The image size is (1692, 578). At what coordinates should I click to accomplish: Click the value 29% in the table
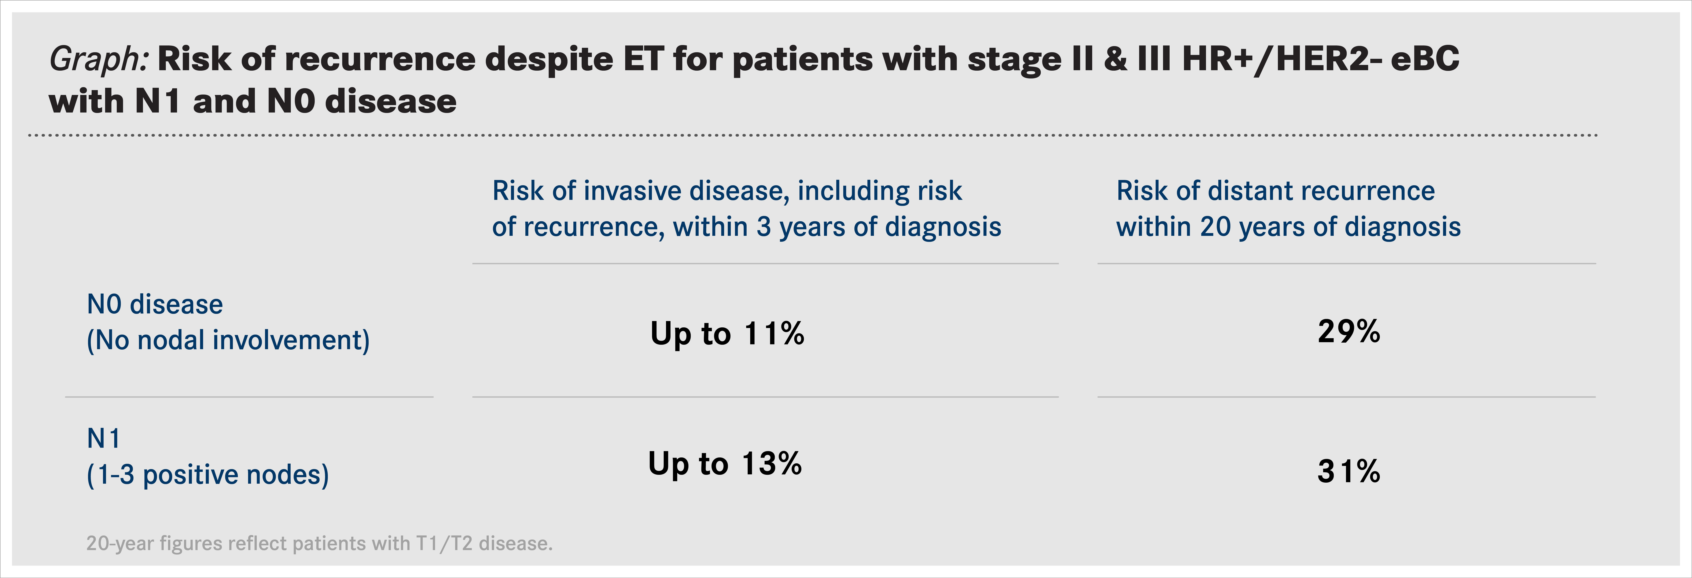1349,332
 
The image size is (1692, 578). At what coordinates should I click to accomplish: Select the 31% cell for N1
1349,472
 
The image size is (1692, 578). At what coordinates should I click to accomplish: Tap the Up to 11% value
727,334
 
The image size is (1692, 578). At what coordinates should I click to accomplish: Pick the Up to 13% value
725,464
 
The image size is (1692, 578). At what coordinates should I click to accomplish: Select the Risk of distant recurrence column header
1276,191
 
